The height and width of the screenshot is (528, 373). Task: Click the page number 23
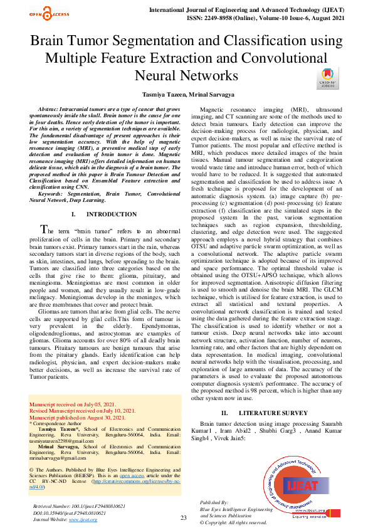(x=184, y=517)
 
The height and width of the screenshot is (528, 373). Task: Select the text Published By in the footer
(x=215, y=503)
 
